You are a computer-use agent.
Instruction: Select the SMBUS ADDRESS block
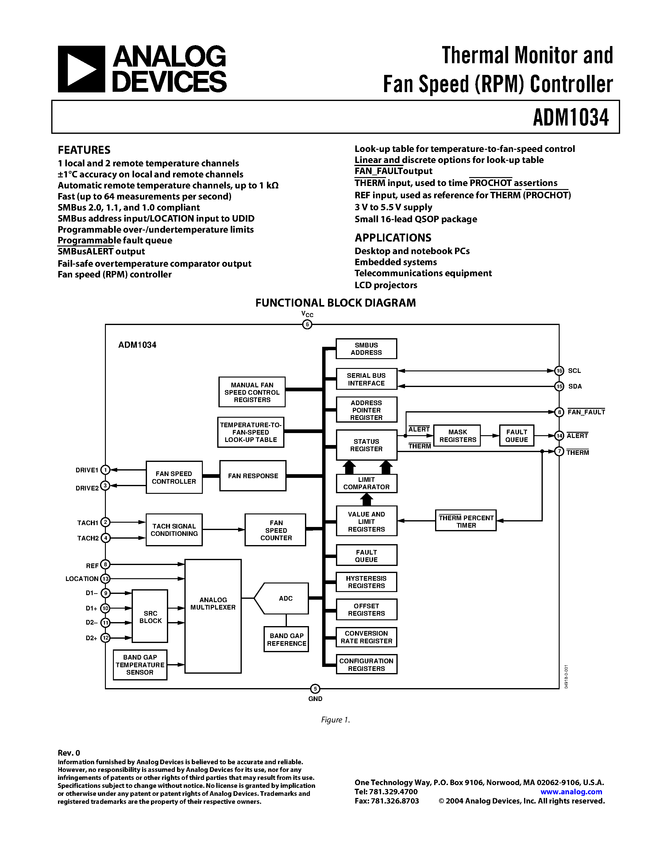coord(366,349)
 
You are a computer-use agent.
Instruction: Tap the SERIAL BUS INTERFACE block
coord(366,379)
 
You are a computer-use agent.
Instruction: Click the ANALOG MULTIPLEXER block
coord(213,616)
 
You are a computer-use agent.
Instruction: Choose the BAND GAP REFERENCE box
coord(286,640)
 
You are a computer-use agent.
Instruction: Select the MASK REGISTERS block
coord(457,436)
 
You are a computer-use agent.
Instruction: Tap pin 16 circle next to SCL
coord(559,371)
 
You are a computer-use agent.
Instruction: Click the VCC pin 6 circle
coord(307,324)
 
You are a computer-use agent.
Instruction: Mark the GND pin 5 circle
coord(315,689)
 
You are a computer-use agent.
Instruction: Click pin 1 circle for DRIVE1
coord(105,470)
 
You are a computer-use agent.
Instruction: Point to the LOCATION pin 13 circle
coord(105,579)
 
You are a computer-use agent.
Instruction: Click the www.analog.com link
coord(571,792)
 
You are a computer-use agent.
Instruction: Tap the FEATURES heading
coord(84,150)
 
